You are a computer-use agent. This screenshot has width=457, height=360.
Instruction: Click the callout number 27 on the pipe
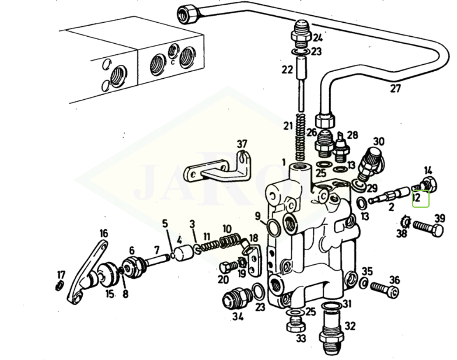pyautogui.click(x=396, y=89)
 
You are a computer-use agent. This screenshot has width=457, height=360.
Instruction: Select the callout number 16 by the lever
pyautogui.click(x=103, y=233)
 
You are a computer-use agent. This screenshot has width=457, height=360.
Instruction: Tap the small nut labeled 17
pyautogui.click(x=60, y=285)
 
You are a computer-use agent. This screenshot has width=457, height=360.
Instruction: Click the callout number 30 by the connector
pyautogui.click(x=379, y=141)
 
